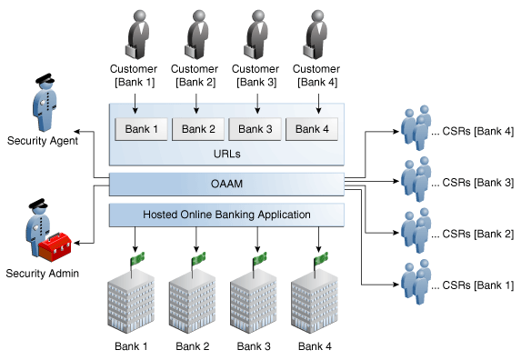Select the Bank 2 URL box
click(x=198, y=129)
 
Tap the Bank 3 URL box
click(x=255, y=129)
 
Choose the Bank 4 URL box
click(x=313, y=129)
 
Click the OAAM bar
click(x=226, y=185)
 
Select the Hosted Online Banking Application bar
click(x=226, y=215)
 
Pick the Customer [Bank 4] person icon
click(x=316, y=34)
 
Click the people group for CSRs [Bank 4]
click(x=417, y=131)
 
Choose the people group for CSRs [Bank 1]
click(x=417, y=285)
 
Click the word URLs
click(x=226, y=154)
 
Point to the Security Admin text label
click(x=43, y=274)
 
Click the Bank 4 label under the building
click(x=316, y=345)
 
